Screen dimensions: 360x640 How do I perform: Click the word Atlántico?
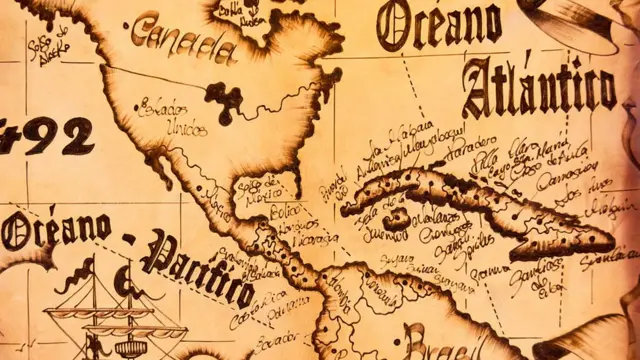[539, 86]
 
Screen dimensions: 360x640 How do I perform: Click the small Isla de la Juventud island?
[397, 217]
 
